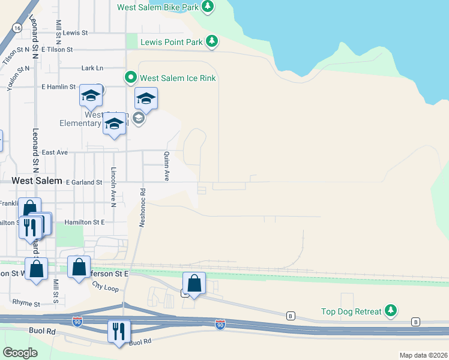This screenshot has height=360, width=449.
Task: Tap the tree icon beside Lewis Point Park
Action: point(211,41)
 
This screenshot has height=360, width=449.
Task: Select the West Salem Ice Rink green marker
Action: point(130,77)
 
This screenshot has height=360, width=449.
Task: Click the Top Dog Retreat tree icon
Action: point(391,311)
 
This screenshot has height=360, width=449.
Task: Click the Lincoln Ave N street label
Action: point(113,187)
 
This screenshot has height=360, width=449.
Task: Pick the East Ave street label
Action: point(54,152)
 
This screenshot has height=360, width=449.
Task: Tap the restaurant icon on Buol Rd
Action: point(118,331)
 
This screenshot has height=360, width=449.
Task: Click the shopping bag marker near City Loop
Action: point(194,284)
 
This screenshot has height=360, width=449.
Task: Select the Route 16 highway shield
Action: point(17,28)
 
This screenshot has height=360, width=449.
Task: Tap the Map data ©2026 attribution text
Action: point(423,355)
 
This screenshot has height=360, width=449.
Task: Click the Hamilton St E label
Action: point(85,222)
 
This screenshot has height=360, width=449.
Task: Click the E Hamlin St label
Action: point(58,87)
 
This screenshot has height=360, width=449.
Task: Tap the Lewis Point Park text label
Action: point(172,42)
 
